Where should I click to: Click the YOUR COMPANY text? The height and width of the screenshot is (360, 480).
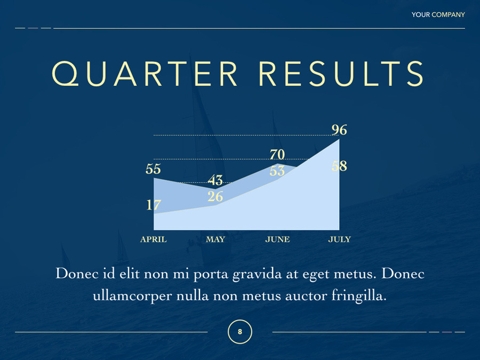(x=438, y=15)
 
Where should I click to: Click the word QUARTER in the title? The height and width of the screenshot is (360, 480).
(x=145, y=74)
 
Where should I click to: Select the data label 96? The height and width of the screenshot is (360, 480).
(x=339, y=130)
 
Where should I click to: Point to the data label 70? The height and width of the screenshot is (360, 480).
(x=277, y=154)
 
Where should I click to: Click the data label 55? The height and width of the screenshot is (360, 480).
(x=153, y=169)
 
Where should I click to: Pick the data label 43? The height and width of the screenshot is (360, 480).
(x=215, y=180)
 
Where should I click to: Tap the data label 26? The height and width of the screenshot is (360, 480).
(x=215, y=196)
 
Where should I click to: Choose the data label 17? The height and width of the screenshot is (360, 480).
(x=154, y=205)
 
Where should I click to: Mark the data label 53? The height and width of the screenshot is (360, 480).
(x=277, y=171)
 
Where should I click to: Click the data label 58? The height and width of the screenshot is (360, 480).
(x=339, y=166)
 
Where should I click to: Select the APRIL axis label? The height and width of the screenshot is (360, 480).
(x=154, y=239)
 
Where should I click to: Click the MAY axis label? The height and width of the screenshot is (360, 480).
(x=215, y=239)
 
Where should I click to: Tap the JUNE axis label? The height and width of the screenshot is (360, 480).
(x=277, y=239)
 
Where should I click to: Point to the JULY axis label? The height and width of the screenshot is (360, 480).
(x=340, y=239)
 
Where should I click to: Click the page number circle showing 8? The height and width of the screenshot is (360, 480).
(x=240, y=320)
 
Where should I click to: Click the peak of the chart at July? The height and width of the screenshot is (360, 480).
(x=339, y=139)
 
